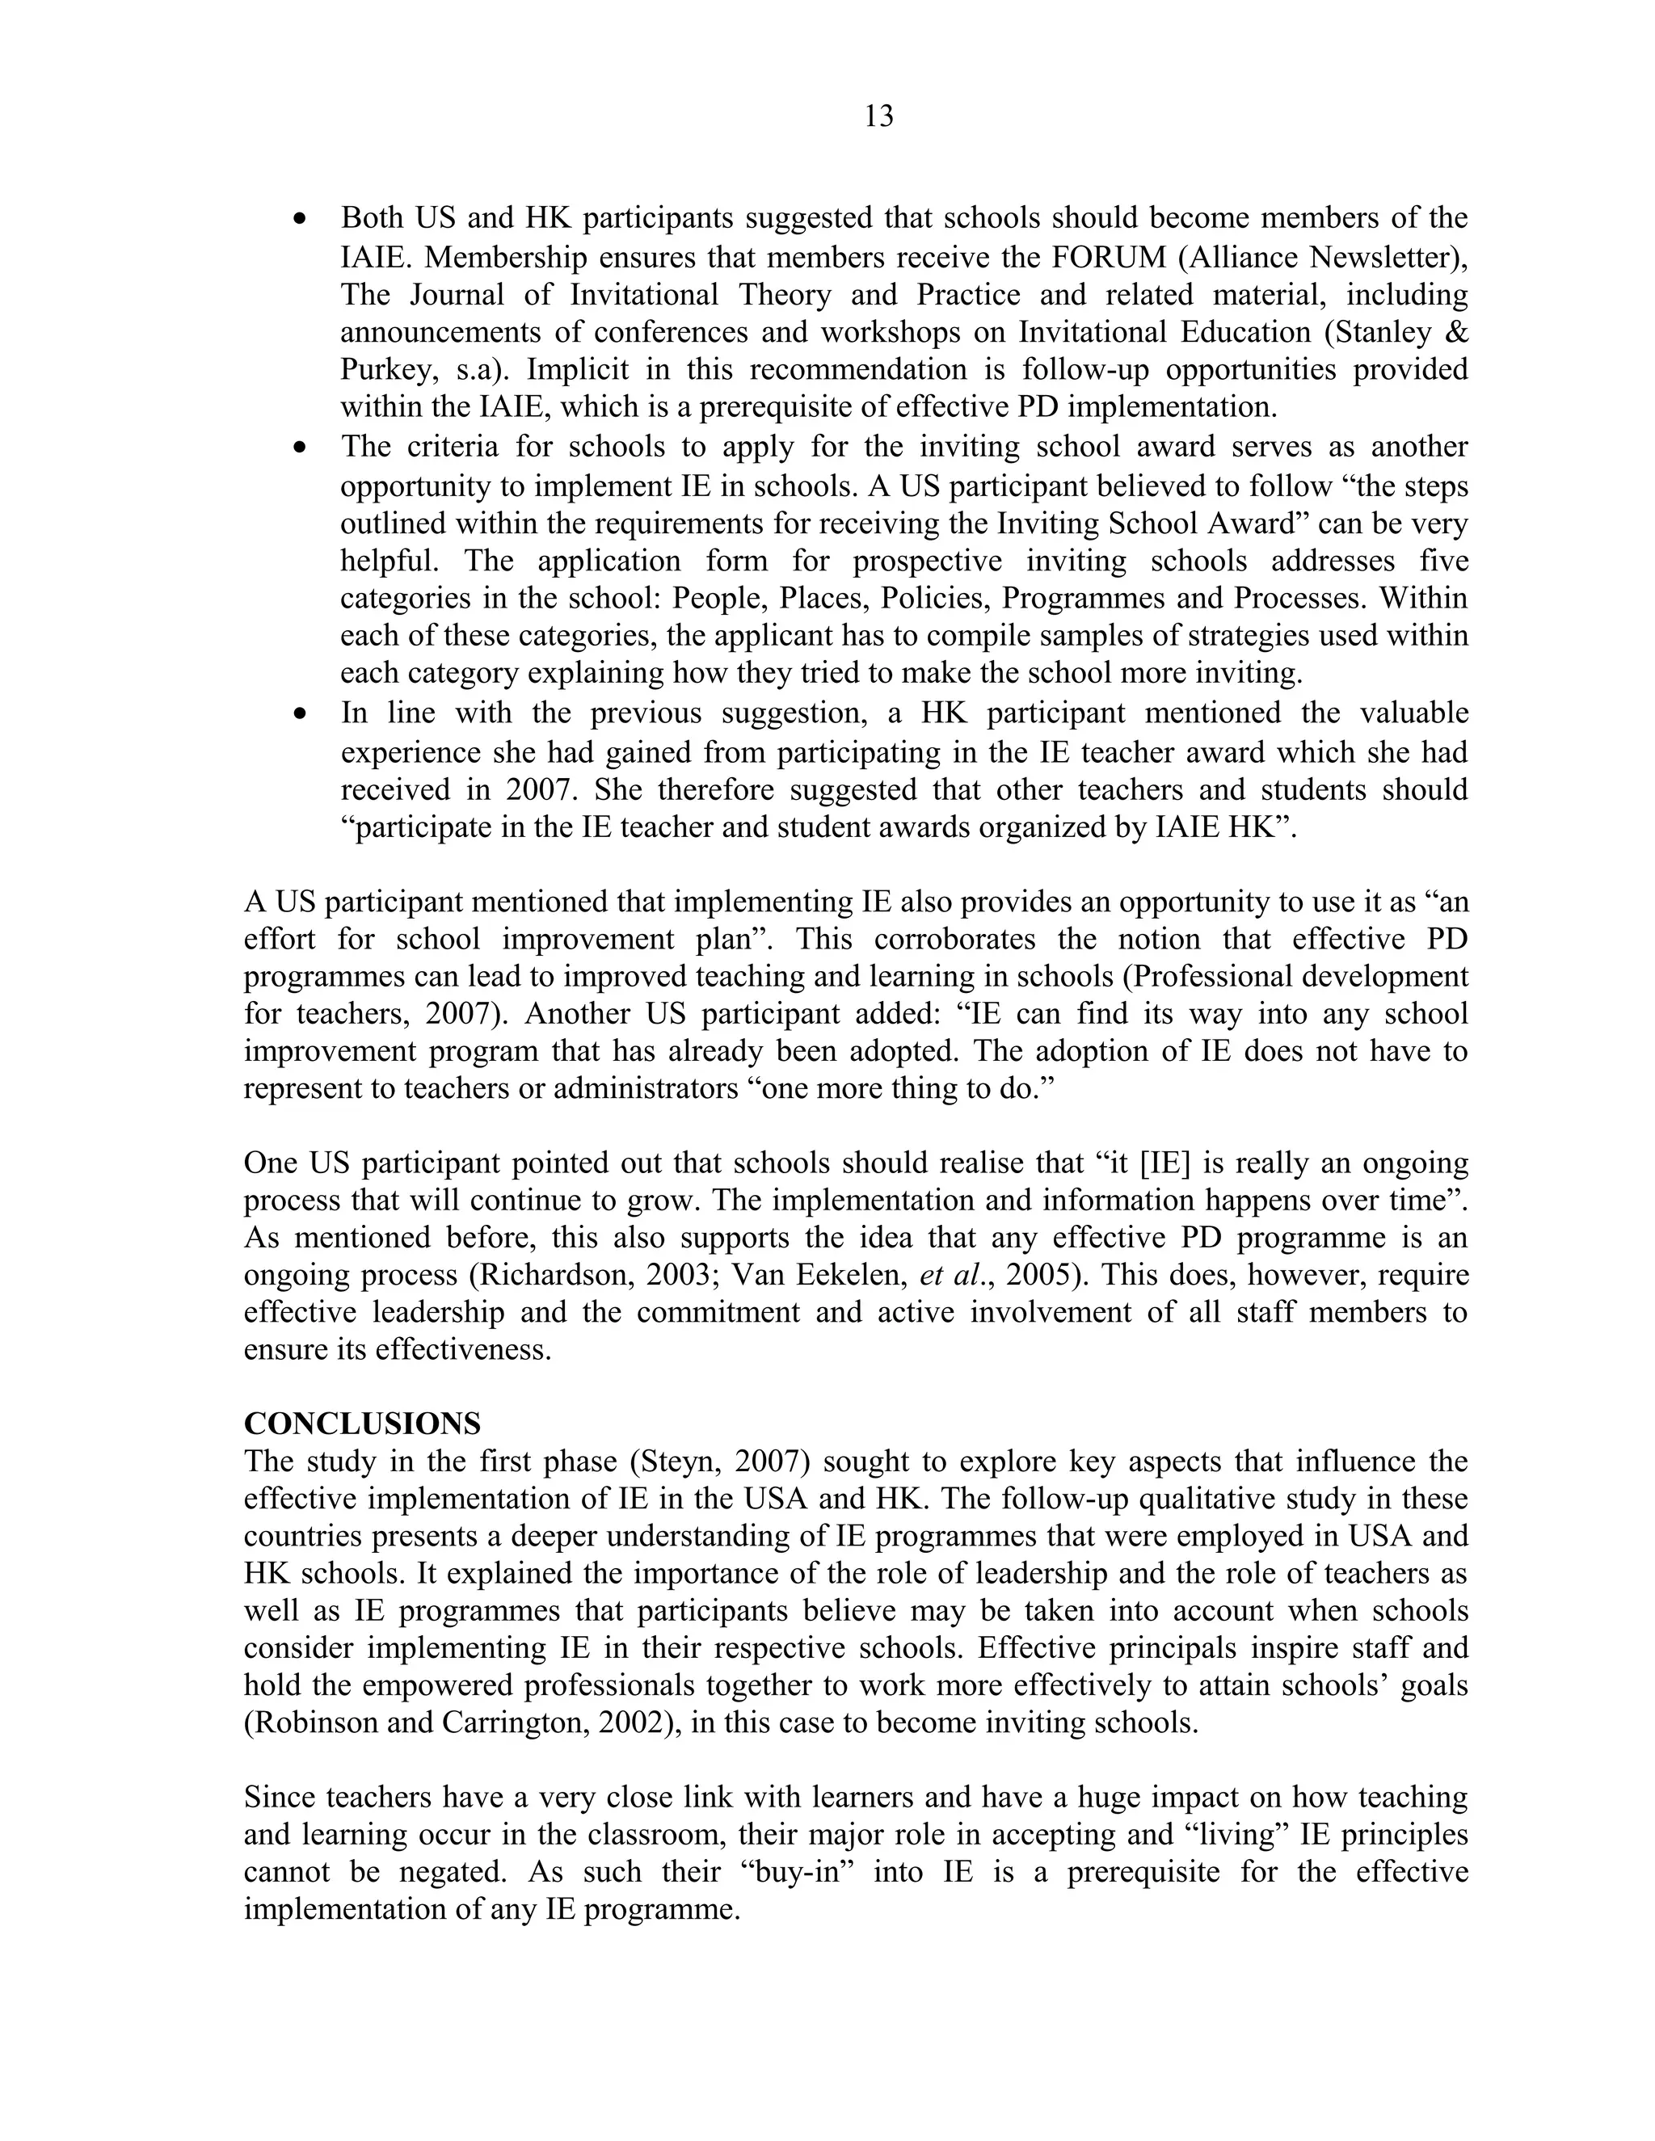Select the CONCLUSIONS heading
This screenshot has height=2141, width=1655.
click(362, 1423)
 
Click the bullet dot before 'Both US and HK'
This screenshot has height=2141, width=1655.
click(301, 220)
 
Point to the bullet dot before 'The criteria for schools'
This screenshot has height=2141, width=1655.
click(301, 449)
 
